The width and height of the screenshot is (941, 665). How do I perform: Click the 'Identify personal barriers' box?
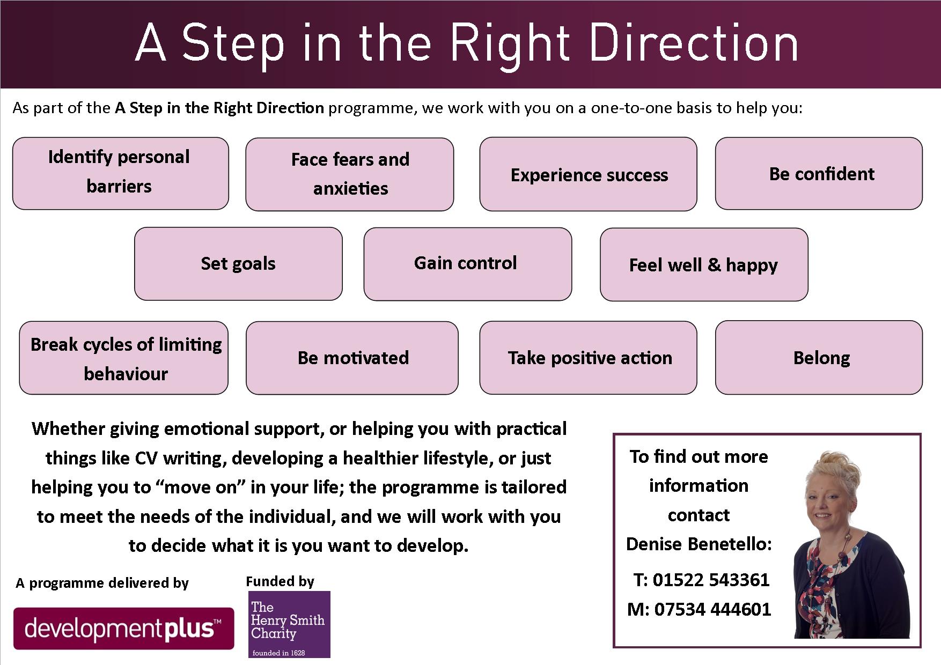click(x=121, y=173)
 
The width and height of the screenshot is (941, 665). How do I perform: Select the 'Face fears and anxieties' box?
click(x=350, y=174)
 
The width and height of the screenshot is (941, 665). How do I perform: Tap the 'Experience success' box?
click(x=589, y=174)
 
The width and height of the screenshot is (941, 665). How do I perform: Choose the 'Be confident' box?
click(x=819, y=173)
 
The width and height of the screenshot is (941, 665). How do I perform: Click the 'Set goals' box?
click(x=238, y=264)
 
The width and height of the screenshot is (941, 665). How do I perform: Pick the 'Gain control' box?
click(x=468, y=264)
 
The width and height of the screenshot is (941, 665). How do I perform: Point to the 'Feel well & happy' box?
click(x=704, y=264)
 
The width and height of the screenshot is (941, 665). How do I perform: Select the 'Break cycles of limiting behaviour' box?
click(x=124, y=358)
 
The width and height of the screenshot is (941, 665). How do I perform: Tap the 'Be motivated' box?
click(x=352, y=358)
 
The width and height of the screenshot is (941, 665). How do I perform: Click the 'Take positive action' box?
click(x=589, y=358)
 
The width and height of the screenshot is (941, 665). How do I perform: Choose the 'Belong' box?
click(x=819, y=358)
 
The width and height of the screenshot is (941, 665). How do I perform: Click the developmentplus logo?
click(x=124, y=629)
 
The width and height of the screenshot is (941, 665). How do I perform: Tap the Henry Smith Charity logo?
click(x=289, y=624)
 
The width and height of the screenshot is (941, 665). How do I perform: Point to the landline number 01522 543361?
click(x=711, y=580)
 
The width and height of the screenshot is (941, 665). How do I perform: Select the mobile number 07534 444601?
click(x=712, y=609)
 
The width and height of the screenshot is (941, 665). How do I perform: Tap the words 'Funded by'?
click(x=280, y=581)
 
